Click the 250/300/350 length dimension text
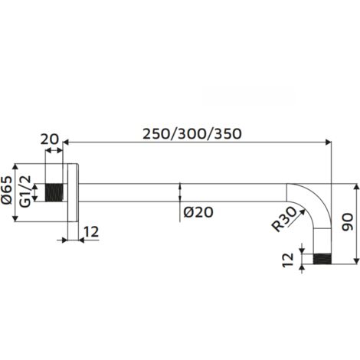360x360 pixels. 192,133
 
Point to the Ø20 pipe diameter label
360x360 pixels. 198,213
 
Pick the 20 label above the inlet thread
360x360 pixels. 50,139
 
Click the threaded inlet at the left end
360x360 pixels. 55,192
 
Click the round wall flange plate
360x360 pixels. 71,192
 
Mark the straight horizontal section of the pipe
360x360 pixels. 184,192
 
